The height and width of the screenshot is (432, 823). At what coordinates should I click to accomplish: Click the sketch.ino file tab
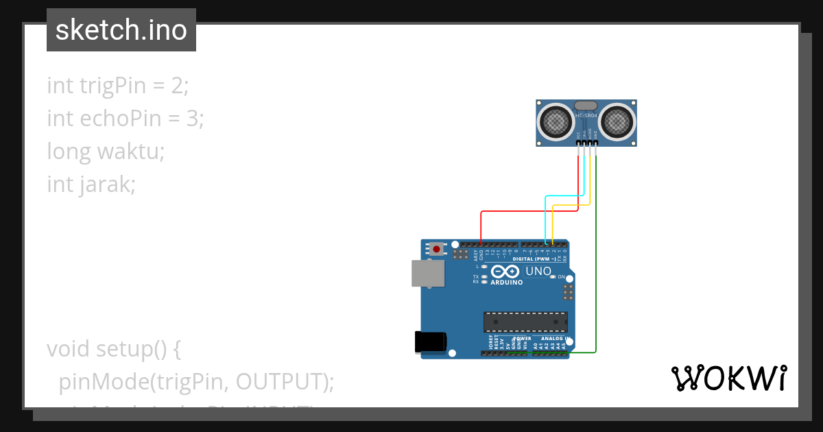click(x=121, y=30)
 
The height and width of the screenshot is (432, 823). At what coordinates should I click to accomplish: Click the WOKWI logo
click(x=728, y=379)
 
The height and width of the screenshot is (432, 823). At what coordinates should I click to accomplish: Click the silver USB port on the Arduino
click(x=427, y=273)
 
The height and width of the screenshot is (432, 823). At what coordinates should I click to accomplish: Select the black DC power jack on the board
click(x=431, y=342)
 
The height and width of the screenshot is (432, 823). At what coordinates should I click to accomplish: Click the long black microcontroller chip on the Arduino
click(x=525, y=321)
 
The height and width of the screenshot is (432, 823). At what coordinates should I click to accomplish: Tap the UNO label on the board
click(x=538, y=272)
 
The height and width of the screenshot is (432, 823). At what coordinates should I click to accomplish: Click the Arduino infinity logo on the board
click(x=506, y=272)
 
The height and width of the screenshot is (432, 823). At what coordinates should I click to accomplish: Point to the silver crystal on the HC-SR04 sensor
click(x=586, y=106)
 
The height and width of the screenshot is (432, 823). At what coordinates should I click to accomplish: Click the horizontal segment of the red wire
click(x=528, y=211)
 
